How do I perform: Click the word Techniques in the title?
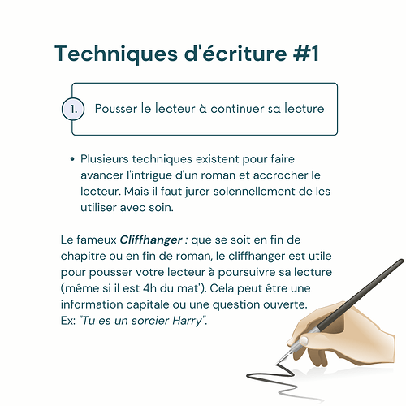pyautogui.click(x=116, y=54)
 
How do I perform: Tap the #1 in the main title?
pyautogui.click(x=306, y=54)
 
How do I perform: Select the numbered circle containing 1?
pyautogui.click(x=73, y=109)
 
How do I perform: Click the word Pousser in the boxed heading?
pyautogui.click(x=116, y=109)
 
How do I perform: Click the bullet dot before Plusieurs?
pyautogui.click(x=72, y=159)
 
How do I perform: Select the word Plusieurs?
pyautogui.click(x=105, y=159)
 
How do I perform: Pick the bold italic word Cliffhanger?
pyautogui.click(x=151, y=240)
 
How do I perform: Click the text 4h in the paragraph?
pyautogui.click(x=149, y=288)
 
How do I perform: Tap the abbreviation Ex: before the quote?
pyautogui.click(x=68, y=321)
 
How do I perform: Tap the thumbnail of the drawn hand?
pyautogui.click(x=304, y=340)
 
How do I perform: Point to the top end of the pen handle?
pyautogui.click(x=402, y=261)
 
